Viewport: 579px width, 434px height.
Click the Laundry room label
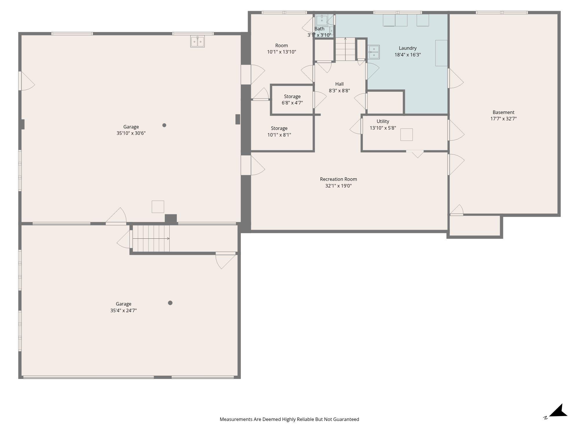[408, 48]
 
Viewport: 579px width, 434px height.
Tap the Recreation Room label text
[338, 179]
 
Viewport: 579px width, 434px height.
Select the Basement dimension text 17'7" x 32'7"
[503, 119]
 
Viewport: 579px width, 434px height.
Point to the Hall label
[339, 84]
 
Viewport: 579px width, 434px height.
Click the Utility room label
[383, 122]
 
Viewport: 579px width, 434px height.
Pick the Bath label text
[319, 29]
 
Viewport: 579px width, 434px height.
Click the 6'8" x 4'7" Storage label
[292, 100]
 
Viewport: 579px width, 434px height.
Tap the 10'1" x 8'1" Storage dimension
[279, 135]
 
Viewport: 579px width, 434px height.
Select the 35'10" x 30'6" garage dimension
[131, 133]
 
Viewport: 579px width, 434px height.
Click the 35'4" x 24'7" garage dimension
[123, 310]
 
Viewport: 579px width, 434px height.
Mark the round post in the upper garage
[164, 125]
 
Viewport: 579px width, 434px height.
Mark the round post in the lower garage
[170, 303]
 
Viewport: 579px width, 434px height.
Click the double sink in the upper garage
[197, 41]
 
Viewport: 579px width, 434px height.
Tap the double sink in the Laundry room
[374, 52]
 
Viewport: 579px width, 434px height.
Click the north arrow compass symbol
[557, 411]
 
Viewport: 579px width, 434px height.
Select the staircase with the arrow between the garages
[151, 239]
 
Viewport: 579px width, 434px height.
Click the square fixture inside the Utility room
[406, 135]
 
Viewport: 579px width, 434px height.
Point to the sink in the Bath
[322, 21]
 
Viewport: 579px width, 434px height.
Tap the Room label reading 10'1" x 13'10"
[281, 49]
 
